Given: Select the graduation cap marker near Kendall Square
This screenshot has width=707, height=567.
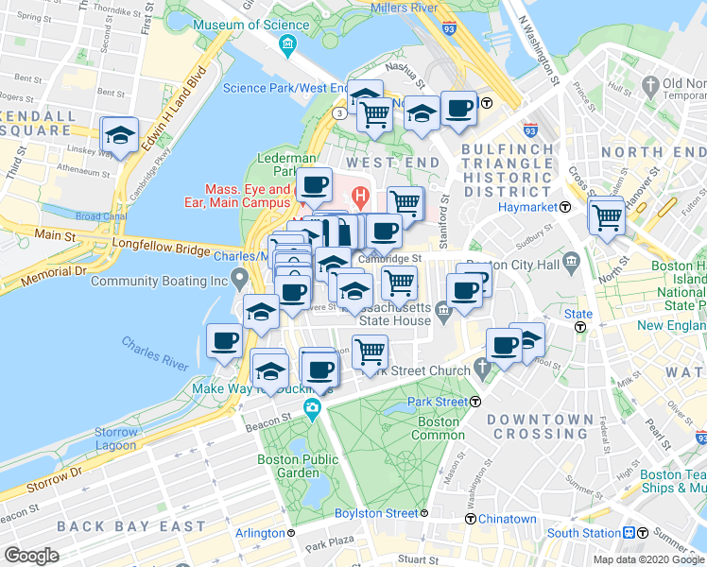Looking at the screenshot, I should coord(121,136).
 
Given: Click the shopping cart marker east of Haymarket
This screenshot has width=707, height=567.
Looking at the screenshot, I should coord(606,217).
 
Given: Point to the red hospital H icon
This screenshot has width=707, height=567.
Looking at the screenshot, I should coord(359,197).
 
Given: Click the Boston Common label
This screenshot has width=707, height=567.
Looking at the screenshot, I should coord(439,430).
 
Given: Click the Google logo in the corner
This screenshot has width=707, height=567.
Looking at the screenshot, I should coord(31,556).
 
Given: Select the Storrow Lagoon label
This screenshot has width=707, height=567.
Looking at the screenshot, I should coord(116,438).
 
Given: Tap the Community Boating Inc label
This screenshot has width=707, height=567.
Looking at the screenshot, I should coord(160,281).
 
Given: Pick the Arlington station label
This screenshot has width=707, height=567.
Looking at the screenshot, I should coord(260,533).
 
